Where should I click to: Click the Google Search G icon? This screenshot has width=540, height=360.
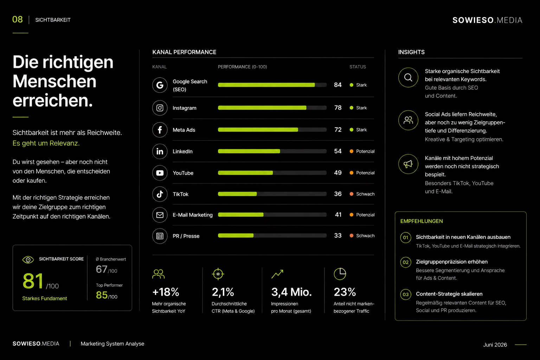point(160,85)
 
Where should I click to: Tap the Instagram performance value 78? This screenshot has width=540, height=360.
point(338,108)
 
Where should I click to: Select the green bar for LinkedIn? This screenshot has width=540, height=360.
point(249,151)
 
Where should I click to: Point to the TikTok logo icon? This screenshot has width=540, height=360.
point(160,194)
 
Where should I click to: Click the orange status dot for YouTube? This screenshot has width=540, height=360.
point(352,173)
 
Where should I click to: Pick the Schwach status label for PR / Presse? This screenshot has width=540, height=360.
point(365,236)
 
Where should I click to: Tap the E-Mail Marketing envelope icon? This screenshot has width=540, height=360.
point(160,215)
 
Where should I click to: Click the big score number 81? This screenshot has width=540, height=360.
point(33,281)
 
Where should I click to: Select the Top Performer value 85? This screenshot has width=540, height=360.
point(102,295)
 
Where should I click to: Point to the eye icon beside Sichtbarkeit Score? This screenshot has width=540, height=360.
point(28,260)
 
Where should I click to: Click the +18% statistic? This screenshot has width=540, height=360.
point(166,292)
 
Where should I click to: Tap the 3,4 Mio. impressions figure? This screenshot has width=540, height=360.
point(291,292)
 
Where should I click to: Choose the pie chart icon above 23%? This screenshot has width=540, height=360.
point(340,274)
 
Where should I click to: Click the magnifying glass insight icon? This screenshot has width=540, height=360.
point(408,77)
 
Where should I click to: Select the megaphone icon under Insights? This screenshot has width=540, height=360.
point(408,164)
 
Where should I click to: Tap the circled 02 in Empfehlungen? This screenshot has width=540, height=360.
point(406,262)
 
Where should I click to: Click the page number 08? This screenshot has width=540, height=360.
point(17,20)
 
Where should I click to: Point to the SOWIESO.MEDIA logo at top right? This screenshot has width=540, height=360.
point(487,20)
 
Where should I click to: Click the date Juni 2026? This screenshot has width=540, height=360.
point(495,345)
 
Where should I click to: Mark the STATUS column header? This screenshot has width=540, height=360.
point(358,67)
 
